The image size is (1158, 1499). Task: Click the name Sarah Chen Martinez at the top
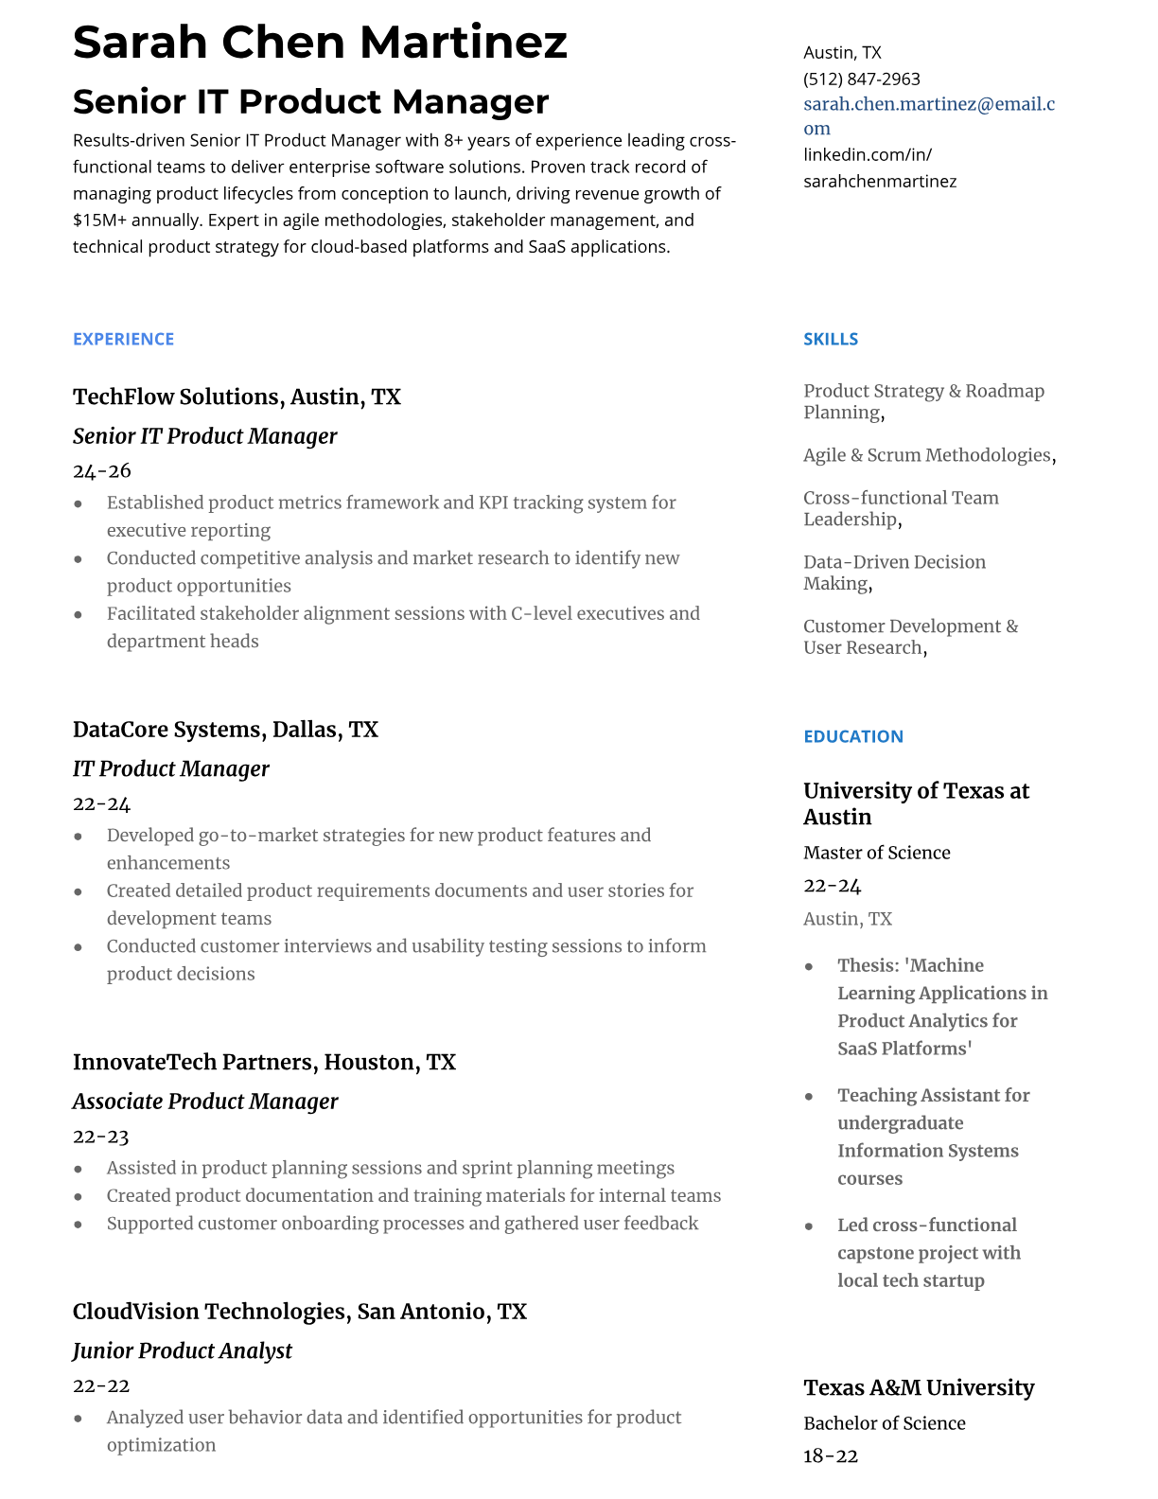320,43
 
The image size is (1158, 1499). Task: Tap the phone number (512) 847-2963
861,79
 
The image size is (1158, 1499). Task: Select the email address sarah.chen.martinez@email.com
928,115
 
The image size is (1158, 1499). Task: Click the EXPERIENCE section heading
123,339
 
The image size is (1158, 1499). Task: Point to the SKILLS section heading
830,339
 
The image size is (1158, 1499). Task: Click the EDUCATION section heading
852,736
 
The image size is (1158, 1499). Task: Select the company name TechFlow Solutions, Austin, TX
237,397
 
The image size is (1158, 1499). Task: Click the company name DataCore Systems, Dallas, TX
225,730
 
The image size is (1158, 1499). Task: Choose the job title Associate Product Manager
204,1102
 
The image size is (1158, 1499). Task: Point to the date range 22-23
100,1137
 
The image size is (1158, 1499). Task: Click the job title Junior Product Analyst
182,1350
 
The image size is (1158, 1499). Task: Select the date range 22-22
100,1385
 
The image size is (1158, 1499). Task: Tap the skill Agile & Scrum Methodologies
926,455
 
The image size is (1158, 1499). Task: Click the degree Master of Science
876,853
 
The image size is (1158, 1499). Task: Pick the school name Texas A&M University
918,1387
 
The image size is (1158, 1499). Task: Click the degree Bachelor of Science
884,1423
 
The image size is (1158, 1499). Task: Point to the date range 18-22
830,1456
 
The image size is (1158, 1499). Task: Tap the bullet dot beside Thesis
809,966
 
